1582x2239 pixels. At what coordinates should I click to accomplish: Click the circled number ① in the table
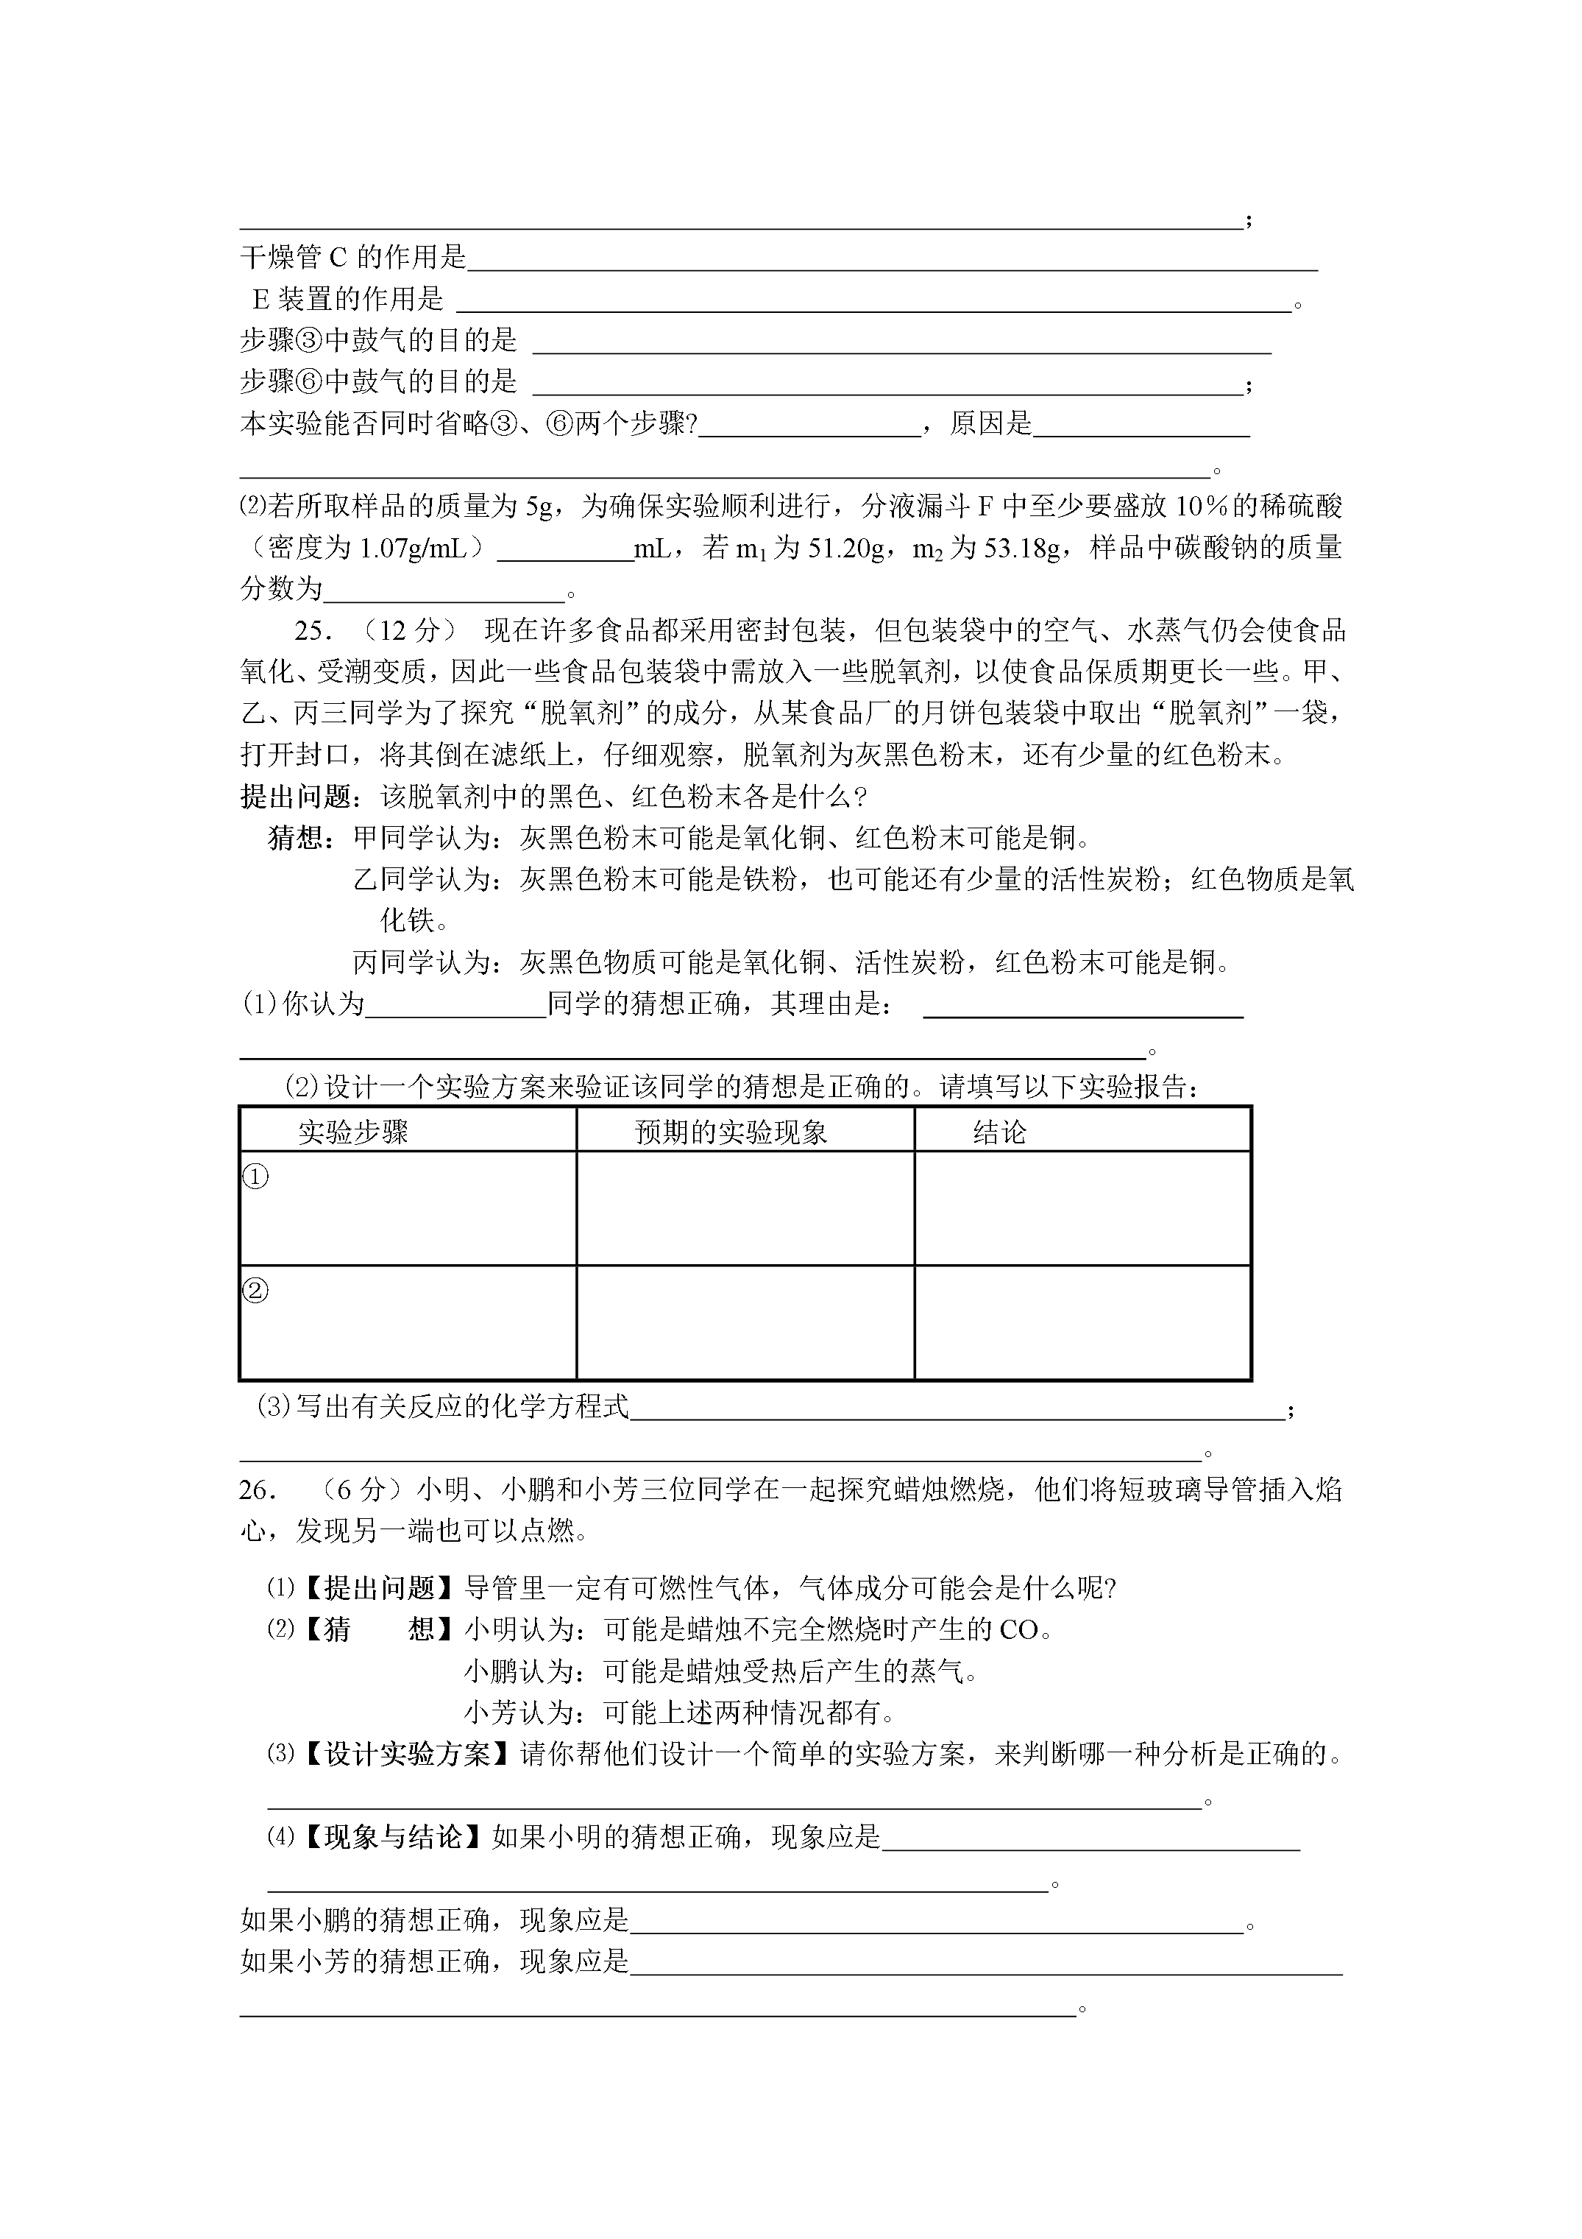(x=255, y=1177)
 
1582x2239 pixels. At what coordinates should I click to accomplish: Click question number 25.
(x=314, y=631)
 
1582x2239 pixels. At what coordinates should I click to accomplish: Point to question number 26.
(x=258, y=1490)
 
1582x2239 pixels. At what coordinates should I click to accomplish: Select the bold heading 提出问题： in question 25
(x=297, y=797)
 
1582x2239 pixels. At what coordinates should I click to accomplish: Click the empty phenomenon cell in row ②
(x=745, y=1322)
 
